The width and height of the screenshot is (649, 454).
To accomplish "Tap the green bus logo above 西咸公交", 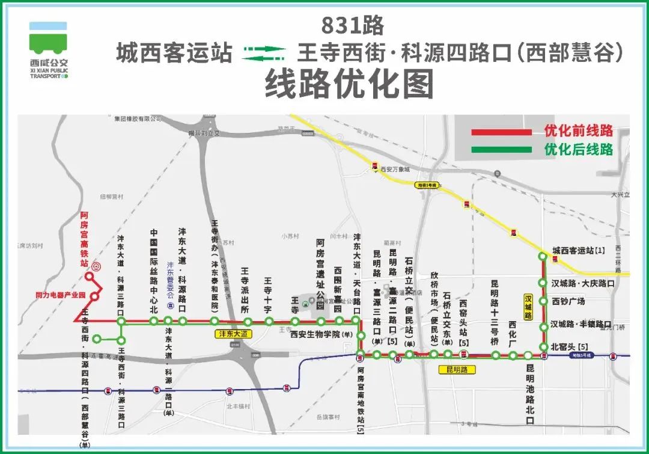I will tap(49, 38).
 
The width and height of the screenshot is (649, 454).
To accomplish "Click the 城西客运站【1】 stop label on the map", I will tap(579, 250).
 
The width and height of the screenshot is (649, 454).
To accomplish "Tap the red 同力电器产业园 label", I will tap(61, 296).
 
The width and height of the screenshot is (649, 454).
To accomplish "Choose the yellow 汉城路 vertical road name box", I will tap(529, 307).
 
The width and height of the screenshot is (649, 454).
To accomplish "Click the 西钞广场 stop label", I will tap(568, 301).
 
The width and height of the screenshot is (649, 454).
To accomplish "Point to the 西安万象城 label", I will tap(394, 170).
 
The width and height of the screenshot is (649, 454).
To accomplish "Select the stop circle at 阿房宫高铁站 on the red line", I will tap(88, 277).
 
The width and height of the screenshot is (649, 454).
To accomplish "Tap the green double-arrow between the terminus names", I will tap(264, 54).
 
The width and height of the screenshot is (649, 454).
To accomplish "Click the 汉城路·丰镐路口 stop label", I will tap(583, 326).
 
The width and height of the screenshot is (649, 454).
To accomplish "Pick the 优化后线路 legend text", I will tap(578, 149).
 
